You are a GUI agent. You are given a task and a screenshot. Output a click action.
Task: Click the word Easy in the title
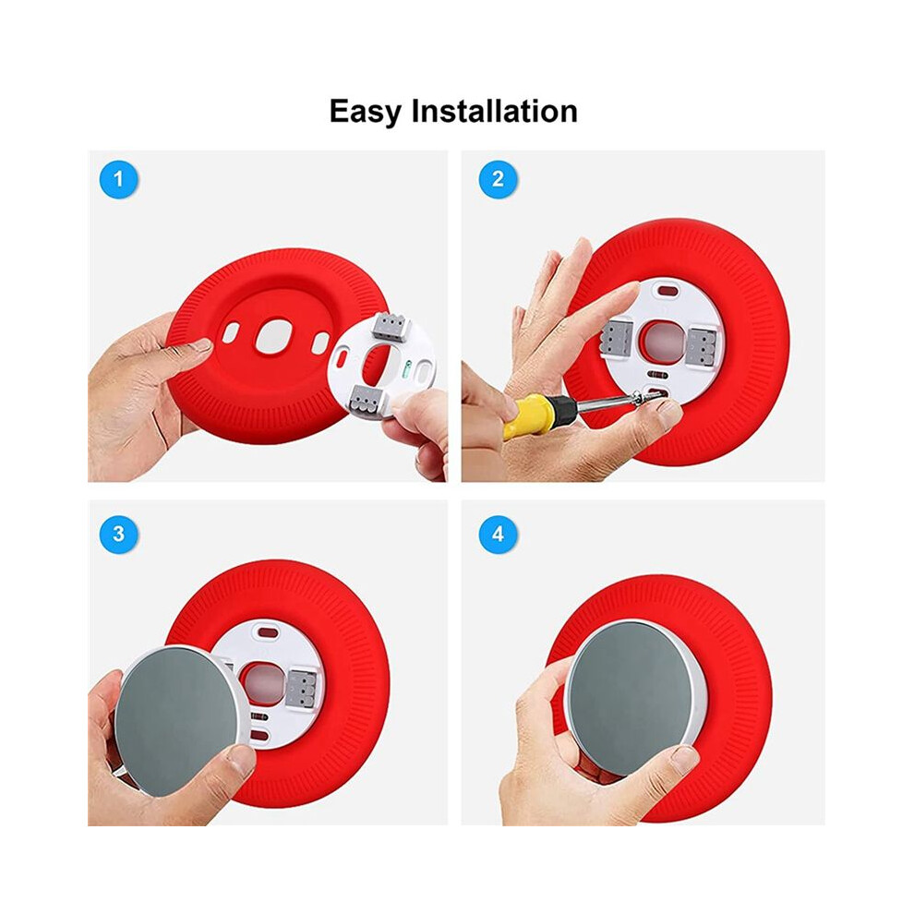(366, 111)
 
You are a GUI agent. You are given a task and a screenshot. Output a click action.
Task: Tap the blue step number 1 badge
(119, 179)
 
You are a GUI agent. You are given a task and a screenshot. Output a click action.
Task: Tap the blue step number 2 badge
(498, 179)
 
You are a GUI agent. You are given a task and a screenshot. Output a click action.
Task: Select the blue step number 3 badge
(119, 534)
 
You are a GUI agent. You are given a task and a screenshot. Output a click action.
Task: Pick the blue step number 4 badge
(498, 534)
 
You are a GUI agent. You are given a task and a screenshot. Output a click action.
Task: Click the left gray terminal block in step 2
(616, 338)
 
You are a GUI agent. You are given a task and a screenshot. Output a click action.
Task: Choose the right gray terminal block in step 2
(703, 346)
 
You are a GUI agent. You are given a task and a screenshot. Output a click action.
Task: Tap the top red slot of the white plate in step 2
(668, 290)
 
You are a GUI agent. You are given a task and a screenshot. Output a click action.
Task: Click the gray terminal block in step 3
(302, 688)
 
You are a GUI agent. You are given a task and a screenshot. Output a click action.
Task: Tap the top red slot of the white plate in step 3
(268, 631)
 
